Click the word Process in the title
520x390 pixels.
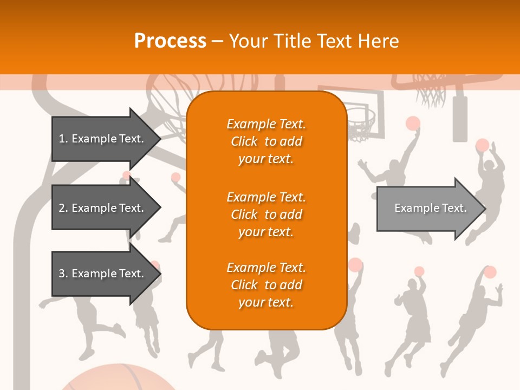pos(170,41)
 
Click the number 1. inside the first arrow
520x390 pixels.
pos(63,139)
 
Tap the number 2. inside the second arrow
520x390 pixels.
pos(63,208)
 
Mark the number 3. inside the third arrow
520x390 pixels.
pos(63,274)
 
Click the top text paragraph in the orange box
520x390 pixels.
pos(266,141)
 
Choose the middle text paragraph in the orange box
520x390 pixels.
pos(266,214)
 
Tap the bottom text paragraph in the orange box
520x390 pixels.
pos(266,285)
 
